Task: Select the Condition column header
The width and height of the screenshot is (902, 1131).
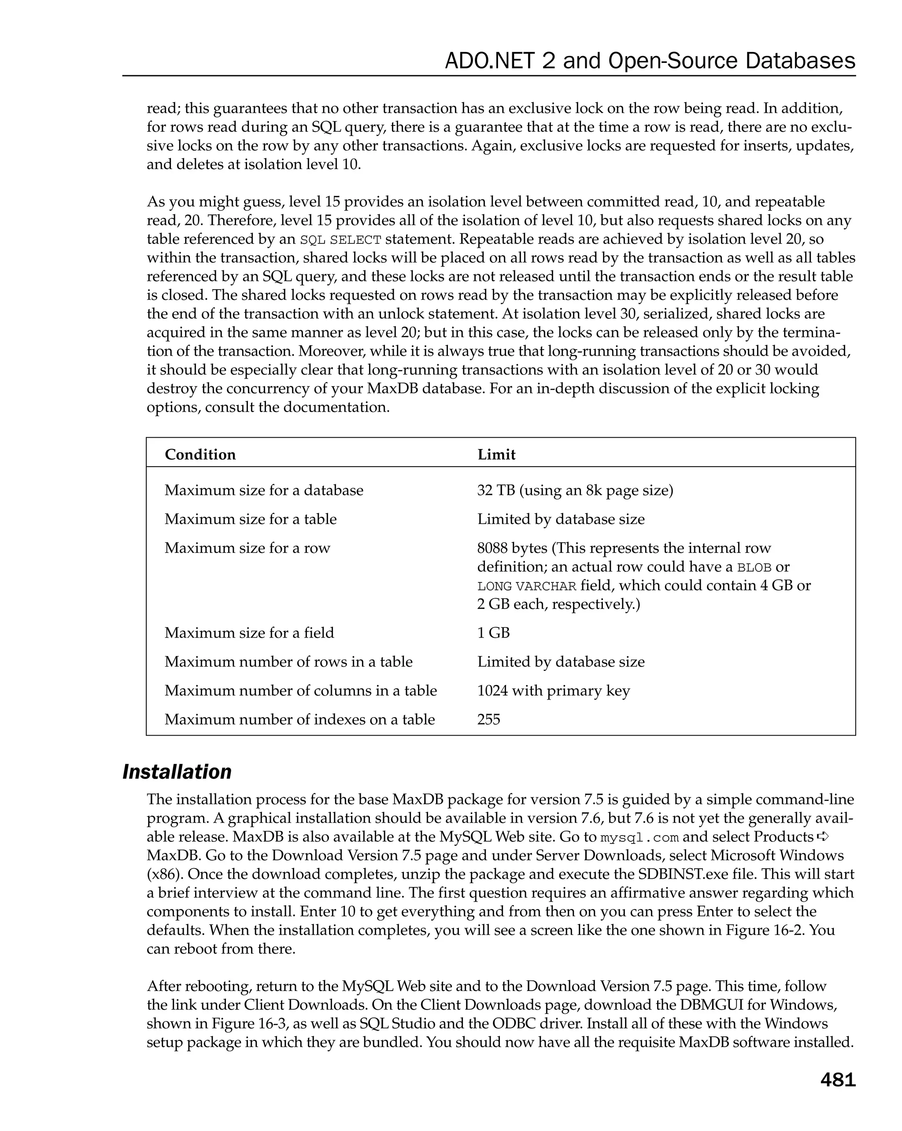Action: [200, 454]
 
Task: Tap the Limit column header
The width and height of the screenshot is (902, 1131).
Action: [496, 454]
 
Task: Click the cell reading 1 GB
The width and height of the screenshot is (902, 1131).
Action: [493, 633]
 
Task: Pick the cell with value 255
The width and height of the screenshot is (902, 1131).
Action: [488, 719]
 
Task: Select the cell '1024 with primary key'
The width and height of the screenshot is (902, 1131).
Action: [553, 690]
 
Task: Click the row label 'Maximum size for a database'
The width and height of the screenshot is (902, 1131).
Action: [264, 490]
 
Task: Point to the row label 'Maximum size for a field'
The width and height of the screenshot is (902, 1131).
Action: [249, 633]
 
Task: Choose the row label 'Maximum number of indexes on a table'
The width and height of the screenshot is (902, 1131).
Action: [299, 719]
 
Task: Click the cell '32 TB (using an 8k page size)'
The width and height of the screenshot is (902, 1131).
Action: [575, 490]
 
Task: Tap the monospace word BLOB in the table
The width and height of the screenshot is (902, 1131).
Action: [754, 567]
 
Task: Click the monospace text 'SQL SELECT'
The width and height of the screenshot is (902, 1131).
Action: [340, 240]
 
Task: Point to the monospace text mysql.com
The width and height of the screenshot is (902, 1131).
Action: [639, 838]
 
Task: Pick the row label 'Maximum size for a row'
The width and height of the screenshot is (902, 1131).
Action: [247, 548]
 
